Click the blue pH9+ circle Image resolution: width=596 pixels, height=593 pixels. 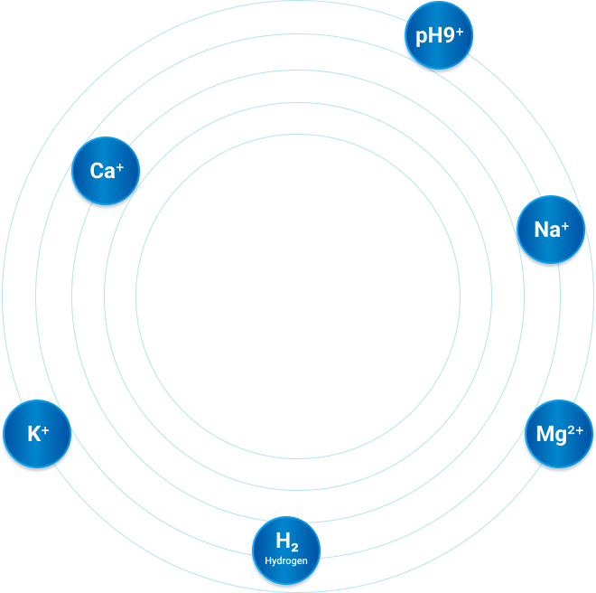(439, 36)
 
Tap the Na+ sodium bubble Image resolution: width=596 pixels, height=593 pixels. (551, 230)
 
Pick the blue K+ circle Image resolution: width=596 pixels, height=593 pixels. (37, 435)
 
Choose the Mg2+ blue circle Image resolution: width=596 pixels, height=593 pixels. (559, 435)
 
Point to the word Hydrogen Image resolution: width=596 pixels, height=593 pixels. (286, 561)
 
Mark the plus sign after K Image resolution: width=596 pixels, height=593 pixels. (45, 429)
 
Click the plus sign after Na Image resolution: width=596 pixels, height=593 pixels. (565, 225)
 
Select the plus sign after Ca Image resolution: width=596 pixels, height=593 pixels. (119, 165)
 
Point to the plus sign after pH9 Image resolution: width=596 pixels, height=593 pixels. (459, 32)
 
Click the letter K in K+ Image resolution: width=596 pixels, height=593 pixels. (33, 435)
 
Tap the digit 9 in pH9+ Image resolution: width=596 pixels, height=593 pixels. (449, 36)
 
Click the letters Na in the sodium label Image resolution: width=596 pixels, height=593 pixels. (546, 231)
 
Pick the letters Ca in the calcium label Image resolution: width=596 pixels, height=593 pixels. (101, 171)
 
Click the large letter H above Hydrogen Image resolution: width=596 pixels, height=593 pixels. (282, 541)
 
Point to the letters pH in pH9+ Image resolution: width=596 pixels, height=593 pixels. (429, 37)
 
